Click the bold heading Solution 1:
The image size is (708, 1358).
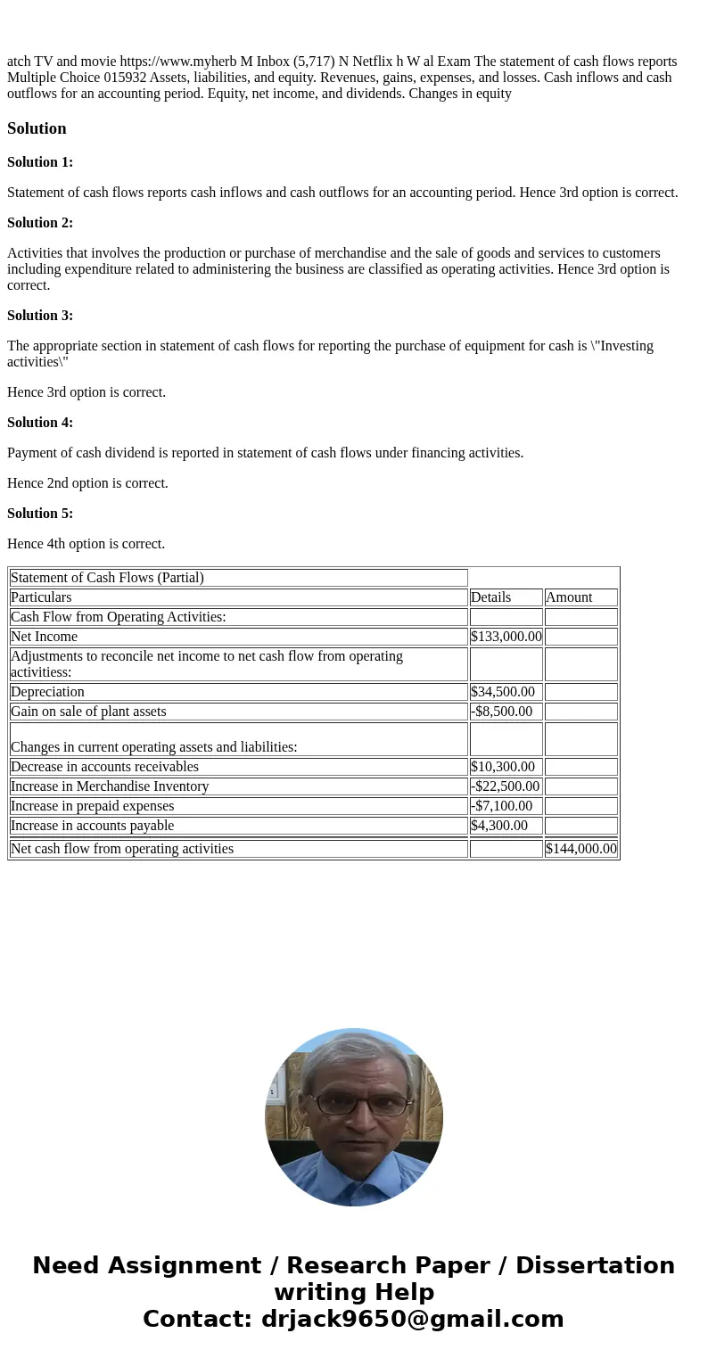pos(40,162)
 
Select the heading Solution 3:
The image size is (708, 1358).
pos(40,316)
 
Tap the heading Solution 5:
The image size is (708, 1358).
pos(40,514)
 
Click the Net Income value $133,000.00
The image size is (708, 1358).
pos(506,637)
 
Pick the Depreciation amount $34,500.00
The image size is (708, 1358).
pos(503,692)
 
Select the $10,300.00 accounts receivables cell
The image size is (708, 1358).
pos(503,767)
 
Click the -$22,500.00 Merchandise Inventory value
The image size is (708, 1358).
pos(505,786)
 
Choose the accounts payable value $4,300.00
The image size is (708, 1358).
pos(499,826)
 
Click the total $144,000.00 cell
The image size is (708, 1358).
pos(581,849)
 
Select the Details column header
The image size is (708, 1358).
pos(490,597)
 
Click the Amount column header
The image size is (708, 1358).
pos(569,597)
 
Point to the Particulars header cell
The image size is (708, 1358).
pos(41,597)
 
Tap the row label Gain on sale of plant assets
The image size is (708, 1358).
pos(88,712)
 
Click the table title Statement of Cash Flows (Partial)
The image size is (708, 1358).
pos(107,578)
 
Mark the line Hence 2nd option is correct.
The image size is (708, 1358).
pos(87,483)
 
